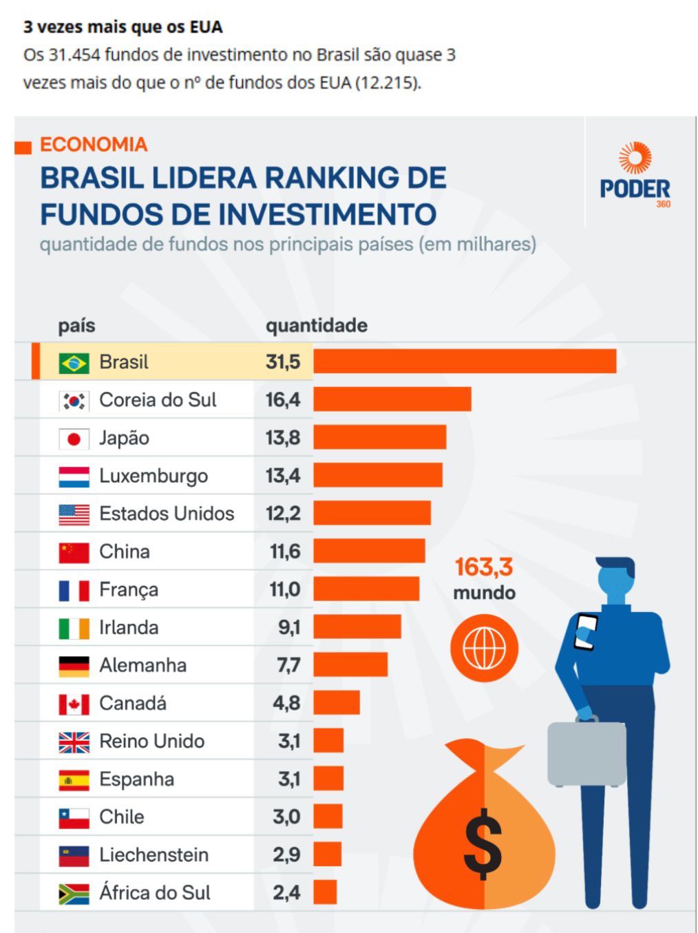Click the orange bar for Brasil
coord(465,361)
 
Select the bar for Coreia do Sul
coord(392,399)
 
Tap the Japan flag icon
coord(74,439)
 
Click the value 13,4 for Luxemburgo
coord(283,476)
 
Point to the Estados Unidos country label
coord(167,514)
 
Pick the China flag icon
coord(74,552)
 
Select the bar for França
coord(366,589)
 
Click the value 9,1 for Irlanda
coord(289,627)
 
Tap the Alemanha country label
coord(142,665)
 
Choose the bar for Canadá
coord(337,703)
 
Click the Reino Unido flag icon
coord(74,742)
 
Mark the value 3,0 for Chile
coord(286,817)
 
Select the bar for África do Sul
coord(325,892)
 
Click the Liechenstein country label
coord(154,855)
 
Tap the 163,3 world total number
coord(483,567)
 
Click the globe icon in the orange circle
coord(484,648)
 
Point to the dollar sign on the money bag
coord(483,843)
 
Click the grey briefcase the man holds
coord(586,754)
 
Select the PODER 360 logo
coord(634,176)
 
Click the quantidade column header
coord(317,326)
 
